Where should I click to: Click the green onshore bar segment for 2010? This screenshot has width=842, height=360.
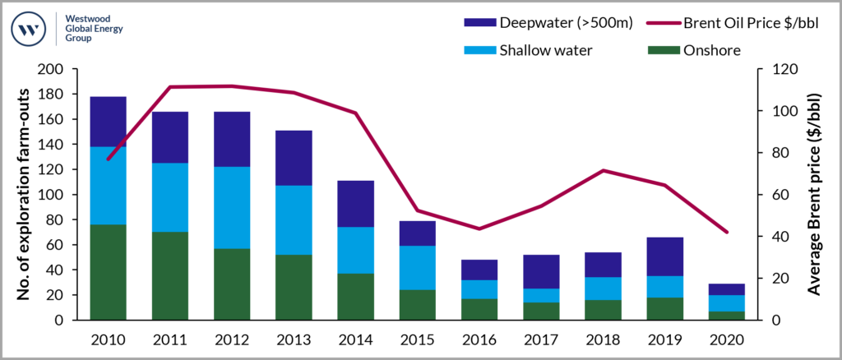click(x=108, y=272)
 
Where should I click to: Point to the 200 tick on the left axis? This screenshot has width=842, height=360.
click(x=62, y=69)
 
